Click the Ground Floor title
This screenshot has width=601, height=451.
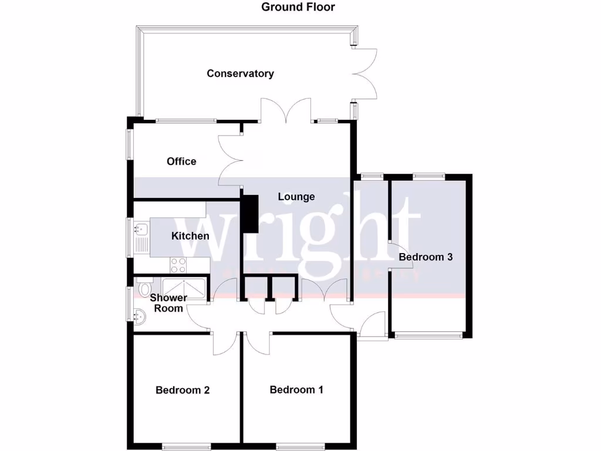pos(298,7)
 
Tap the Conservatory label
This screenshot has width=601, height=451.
pos(240,73)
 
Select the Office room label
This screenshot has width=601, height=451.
pos(181,161)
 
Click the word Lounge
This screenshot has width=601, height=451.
pos(296,197)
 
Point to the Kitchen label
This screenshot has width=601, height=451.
pos(190,236)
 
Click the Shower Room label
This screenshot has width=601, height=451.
pos(168,302)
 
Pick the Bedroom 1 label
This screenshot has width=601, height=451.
pos(296,389)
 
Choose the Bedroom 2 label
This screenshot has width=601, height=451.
pos(183,390)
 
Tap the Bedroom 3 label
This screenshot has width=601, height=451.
pos(426,257)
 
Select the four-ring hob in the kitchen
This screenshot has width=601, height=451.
pos(178,265)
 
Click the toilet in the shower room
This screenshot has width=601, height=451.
pos(144,287)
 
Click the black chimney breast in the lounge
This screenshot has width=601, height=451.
pos(250,214)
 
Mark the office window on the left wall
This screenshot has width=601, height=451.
pos(129,144)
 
